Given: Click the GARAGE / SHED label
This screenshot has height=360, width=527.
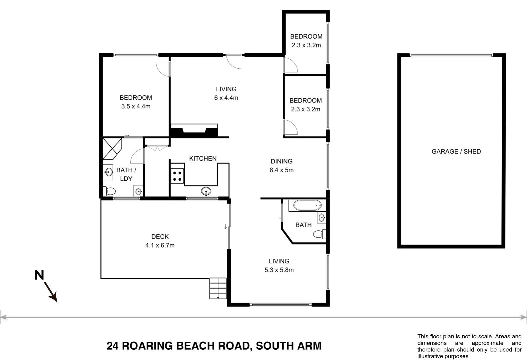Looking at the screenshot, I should (x=456, y=151).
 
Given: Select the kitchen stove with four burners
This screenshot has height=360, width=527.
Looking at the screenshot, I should (x=177, y=176).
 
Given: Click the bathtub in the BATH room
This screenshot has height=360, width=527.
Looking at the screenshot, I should (x=307, y=205).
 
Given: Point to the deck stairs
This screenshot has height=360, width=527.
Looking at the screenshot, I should (x=218, y=288).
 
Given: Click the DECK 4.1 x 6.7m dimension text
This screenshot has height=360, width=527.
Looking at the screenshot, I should (x=160, y=245).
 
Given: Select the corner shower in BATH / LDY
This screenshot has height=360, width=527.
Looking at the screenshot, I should (x=112, y=148).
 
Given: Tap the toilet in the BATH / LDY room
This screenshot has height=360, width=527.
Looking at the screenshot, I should (x=109, y=191).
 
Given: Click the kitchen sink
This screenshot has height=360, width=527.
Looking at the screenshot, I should (x=206, y=191).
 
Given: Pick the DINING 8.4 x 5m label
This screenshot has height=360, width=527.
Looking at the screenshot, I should (x=281, y=166).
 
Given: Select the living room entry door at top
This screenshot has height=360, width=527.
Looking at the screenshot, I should (x=234, y=62).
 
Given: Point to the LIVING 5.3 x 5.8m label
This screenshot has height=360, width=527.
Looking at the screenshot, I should (x=279, y=266).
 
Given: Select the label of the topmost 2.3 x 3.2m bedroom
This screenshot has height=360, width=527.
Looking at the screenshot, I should (x=306, y=41).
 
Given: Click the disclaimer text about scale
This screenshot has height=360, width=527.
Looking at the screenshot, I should (x=469, y=346).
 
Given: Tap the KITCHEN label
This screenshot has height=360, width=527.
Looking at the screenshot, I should (x=203, y=159).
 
